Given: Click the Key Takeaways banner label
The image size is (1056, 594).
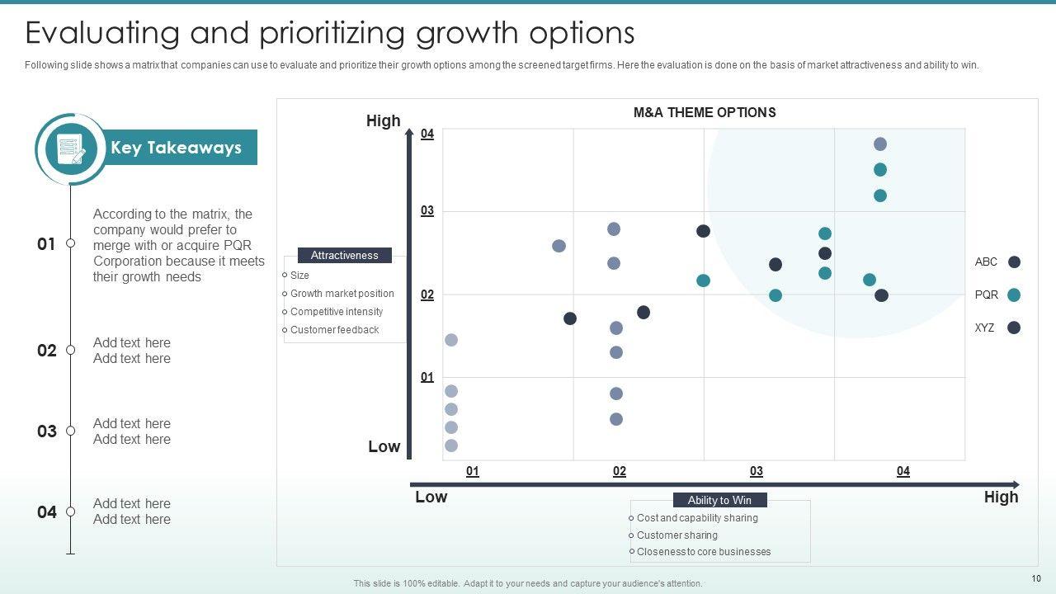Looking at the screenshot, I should pos(176,148).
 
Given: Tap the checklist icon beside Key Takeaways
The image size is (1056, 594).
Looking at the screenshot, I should pos(71,149).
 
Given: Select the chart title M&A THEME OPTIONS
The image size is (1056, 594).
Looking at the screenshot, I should pos(705,112).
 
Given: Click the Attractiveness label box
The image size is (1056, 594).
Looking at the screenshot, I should pos(344,256).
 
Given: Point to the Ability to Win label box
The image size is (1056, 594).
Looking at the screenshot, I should pos(719,500).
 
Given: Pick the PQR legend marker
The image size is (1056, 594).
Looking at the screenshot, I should pos(1014,295).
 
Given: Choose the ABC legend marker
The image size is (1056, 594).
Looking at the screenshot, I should pos(1014,262).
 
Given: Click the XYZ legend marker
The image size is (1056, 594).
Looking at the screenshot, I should pos(1014,328).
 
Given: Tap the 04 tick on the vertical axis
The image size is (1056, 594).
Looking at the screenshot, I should pos(427,134).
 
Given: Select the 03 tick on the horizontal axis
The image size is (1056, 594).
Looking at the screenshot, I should pos(757,471).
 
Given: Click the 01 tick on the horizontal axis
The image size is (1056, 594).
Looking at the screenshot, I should pos(473,471).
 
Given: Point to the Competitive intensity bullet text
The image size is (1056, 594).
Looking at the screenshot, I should pos(337,312).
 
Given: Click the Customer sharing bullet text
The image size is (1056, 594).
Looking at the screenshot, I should pos(676,535).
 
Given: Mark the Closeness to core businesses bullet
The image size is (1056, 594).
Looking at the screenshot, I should pos(704,551).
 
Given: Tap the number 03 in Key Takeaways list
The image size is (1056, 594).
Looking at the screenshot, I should pos(47,431).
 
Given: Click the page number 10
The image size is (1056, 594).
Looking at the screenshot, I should pos(1036,578).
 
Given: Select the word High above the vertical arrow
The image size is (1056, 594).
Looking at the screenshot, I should pos(383,121).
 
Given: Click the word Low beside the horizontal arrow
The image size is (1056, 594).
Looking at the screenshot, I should pos(431,497).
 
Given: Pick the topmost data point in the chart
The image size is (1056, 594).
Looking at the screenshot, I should pos(880,144).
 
